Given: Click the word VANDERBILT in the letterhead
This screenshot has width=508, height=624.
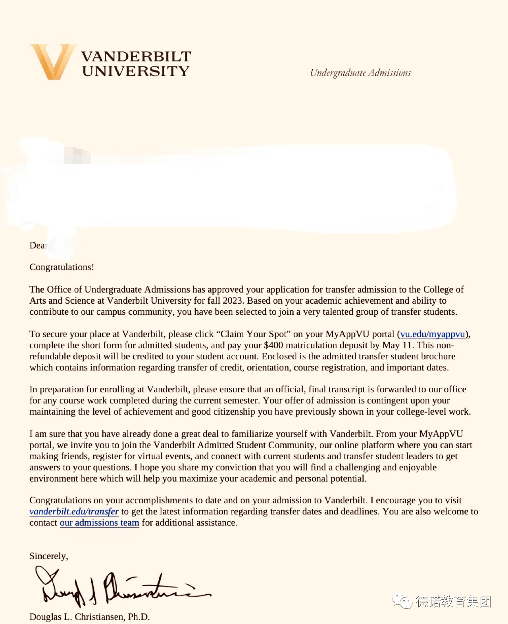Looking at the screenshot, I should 136,56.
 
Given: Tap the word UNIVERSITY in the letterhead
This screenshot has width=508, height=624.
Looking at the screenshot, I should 136,71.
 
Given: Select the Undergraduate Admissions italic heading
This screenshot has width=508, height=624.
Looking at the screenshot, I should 360,73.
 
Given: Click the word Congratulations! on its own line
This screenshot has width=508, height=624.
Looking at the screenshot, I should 62,267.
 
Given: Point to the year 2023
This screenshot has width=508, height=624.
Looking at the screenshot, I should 233,300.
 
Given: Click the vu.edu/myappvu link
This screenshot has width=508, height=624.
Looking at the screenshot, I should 433,334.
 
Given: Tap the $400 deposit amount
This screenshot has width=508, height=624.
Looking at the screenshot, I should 273,345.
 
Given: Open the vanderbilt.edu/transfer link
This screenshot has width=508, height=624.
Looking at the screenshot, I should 74,512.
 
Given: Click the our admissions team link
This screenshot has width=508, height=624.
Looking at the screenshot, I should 99,523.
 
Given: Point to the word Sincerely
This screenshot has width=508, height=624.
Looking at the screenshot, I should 48,556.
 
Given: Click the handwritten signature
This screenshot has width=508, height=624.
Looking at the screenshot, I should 119,587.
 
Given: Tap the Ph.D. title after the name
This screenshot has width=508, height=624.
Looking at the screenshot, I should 139,617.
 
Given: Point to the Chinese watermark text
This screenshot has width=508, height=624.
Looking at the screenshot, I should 454,602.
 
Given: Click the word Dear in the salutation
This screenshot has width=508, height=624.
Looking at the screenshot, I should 38,245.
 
